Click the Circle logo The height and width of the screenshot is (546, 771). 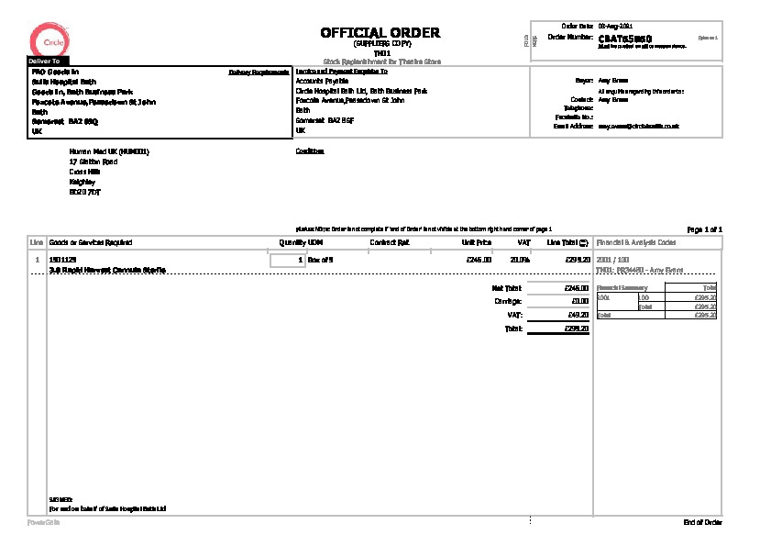coord(46,41)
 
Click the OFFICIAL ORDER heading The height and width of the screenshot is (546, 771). coord(380,32)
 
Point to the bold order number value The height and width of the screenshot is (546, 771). coord(624,39)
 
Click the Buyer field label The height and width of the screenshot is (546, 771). coord(583,81)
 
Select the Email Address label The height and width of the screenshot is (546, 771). coord(574,126)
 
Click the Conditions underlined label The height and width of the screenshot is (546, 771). coord(310,151)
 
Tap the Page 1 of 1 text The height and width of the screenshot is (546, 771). coord(704,228)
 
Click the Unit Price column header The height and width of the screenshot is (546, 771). coord(477,242)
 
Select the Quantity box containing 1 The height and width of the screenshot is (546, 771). coord(287,261)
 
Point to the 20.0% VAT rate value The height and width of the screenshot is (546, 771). coord(520,261)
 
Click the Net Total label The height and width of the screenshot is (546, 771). coord(506,288)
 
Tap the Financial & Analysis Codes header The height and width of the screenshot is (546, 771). coord(636,242)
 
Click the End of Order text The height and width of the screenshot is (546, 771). coord(703,522)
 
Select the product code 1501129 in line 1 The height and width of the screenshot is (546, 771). coord(61,261)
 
